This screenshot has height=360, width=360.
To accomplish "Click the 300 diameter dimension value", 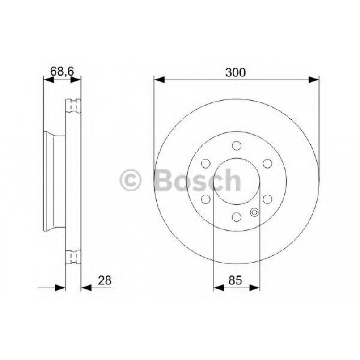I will [x=236, y=72].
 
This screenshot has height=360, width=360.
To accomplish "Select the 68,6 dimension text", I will [x=62, y=71].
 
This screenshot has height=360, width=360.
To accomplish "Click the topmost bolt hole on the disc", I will [x=237, y=146].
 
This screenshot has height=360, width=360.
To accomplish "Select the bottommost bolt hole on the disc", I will [x=236, y=217].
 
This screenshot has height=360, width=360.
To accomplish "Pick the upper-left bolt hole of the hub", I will [x=206, y=164].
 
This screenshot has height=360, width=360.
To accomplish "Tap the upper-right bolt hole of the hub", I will [x=267, y=164].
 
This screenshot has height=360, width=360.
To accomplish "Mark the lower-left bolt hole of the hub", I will [x=206, y=199].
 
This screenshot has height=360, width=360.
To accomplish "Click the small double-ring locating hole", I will [x=255, y=212].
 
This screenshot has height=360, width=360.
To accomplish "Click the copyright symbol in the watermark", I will [x=131, y=181].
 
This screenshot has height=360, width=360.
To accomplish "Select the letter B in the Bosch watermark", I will [x=164, y=180].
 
